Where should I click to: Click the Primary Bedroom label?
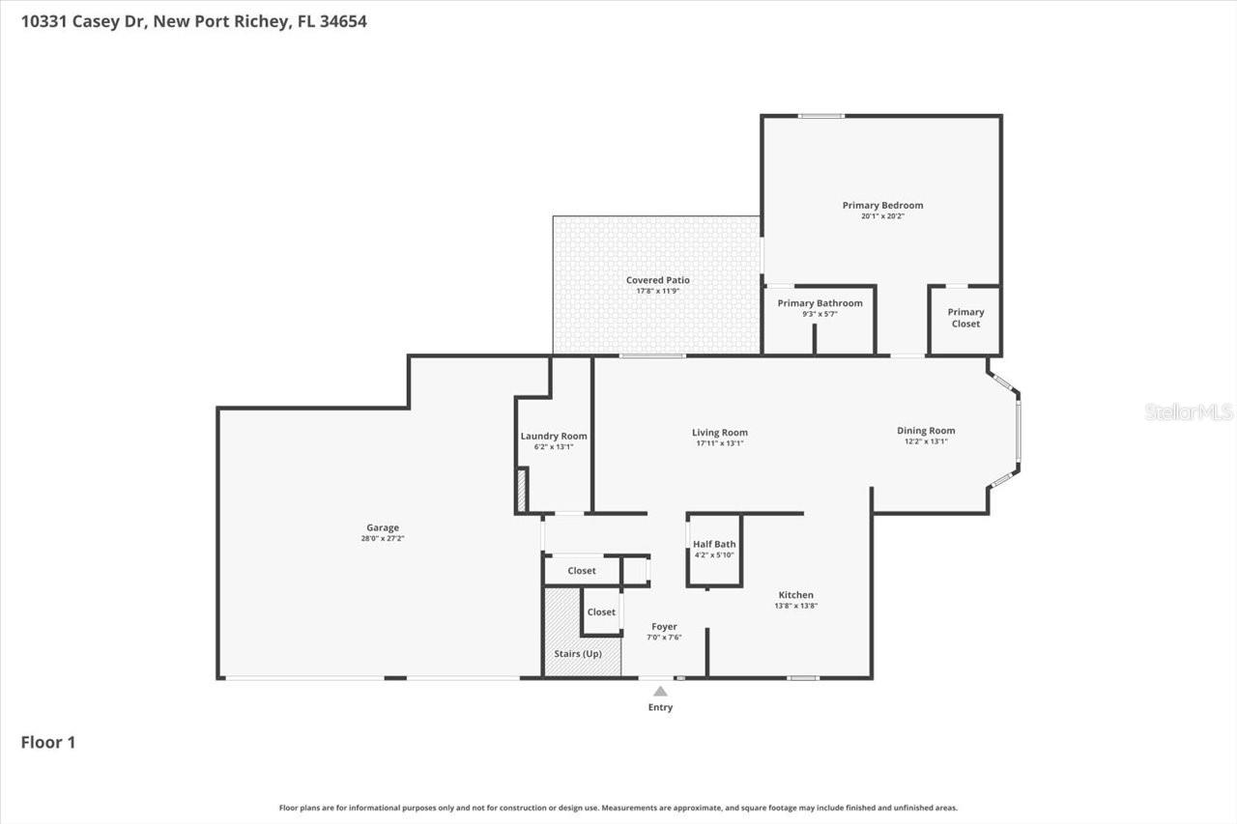882,205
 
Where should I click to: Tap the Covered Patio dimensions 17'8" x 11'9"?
657,291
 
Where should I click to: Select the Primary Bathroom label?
820,303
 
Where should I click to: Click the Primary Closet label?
965,318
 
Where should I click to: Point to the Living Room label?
720,433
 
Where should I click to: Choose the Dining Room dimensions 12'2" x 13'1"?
926,441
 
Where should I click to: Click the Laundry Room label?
554,436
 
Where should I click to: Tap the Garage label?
383,527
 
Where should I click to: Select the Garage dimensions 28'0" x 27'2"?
383,538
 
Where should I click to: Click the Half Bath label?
714,544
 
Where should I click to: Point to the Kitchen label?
795,595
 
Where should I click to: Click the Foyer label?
664,627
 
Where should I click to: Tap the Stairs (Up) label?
578,654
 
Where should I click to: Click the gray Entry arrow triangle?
660,692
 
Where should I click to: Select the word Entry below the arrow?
660,707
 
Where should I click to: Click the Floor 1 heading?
48,742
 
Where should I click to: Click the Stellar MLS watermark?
1189,412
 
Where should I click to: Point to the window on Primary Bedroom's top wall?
821,116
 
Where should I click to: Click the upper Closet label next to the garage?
582,571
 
